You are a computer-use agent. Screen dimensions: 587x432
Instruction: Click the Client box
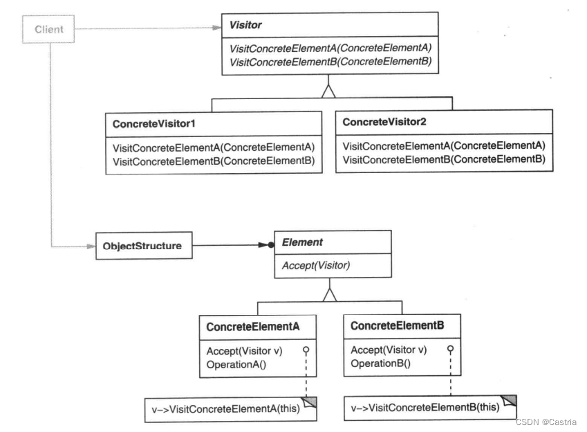[x=48, y=29]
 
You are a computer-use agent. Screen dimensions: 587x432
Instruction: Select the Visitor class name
[x=245, y=25]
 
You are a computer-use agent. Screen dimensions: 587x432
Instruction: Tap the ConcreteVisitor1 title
[x=154, y=124]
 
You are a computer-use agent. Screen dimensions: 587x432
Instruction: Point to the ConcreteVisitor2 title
[x=384, y=122]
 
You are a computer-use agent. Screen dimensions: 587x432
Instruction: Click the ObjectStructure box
[x=144, y=246]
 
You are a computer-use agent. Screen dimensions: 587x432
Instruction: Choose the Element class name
[x=302, y=242]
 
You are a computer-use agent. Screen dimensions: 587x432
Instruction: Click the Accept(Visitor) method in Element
[x=316, y=266]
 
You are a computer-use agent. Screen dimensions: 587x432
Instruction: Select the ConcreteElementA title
[x=252, y=327]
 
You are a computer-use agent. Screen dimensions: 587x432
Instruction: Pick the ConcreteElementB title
[x=397, y=325]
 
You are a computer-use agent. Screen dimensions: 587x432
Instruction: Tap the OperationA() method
[x=236, y=364]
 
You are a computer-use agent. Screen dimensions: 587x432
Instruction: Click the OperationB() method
[x=381, y=363]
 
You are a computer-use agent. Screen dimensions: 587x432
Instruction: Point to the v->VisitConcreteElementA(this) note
[x=231, y=409]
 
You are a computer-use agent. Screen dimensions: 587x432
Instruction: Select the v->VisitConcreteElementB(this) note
[x=430, y=407]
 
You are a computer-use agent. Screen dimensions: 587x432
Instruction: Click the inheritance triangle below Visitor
[x=328, y=91]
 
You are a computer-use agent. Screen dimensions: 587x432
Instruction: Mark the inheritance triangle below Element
[x=329, y=295]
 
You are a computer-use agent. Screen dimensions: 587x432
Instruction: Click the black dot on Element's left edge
[x=271, y=245]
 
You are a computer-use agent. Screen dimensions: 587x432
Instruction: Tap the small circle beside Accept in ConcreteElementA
[x=306, y=350]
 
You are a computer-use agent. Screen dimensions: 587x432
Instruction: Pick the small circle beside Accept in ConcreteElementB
[x=450, y=349]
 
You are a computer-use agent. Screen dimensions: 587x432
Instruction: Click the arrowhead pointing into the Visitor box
[x=217, y=28]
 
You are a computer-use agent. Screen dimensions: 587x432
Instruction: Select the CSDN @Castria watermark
[x=546, y=422]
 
